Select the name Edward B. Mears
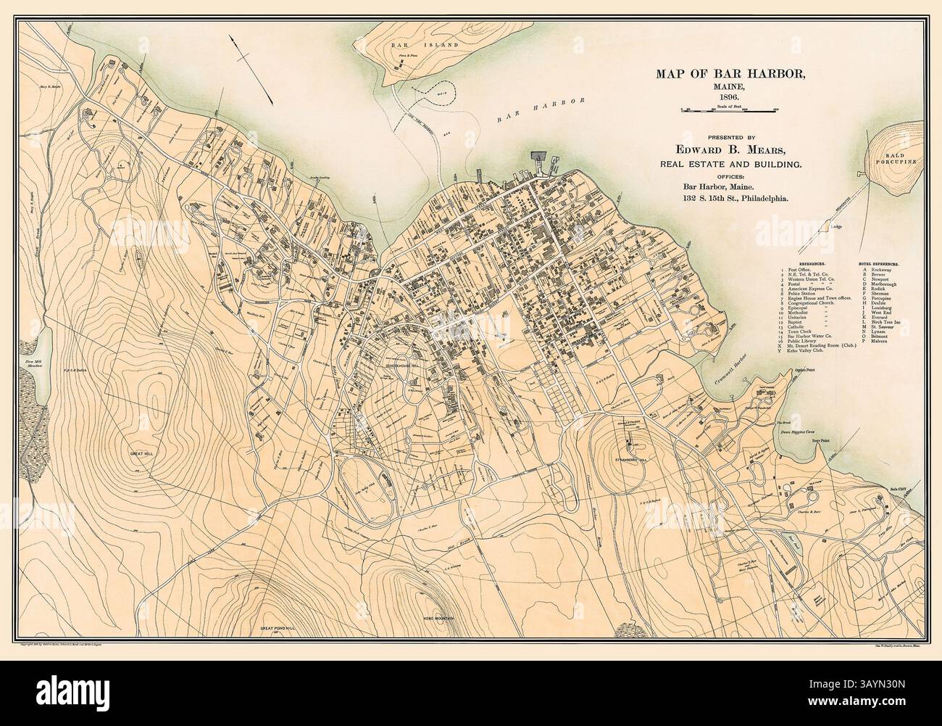[733, 150]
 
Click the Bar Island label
[419, 45]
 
